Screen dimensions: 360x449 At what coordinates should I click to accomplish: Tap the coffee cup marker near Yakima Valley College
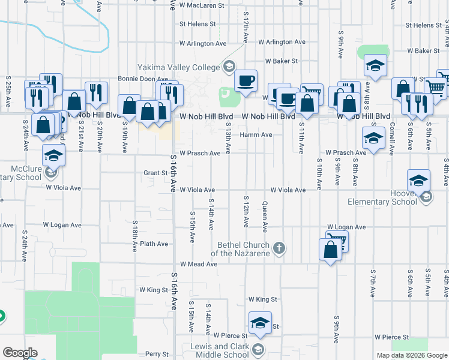(245, 80)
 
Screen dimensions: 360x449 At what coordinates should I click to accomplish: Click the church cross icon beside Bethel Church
(279, 247)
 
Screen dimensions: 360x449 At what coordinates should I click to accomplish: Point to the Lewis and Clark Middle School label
(220, 350)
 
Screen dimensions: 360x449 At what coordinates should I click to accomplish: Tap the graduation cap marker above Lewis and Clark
(259, 323)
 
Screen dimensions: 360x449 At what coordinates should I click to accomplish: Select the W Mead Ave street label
(198, 264)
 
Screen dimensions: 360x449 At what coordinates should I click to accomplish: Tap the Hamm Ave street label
(260, 135)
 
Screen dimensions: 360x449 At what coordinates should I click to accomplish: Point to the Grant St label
(155, 173)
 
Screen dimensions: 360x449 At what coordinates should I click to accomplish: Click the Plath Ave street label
(154, 244)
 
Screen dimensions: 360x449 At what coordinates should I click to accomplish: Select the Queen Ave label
(265, 217)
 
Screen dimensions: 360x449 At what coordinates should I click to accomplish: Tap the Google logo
(19, 353)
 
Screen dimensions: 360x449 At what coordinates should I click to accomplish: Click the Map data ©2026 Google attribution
(411, 355)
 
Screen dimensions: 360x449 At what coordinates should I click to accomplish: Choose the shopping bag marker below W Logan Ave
(331, 249)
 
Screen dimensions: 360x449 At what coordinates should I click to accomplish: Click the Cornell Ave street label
(391, 139)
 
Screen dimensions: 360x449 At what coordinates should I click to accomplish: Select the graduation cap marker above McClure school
(53, 156)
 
